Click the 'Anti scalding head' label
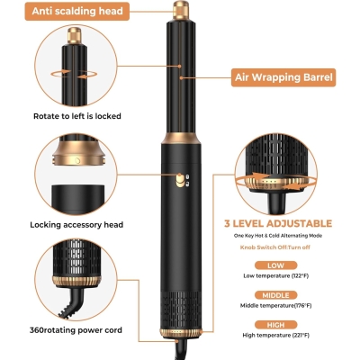77,12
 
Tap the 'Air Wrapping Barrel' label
283,77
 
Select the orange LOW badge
275,265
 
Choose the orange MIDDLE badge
275,295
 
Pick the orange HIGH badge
275,325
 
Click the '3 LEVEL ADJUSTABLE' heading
278,223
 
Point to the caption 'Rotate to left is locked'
77,116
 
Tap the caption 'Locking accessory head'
76,225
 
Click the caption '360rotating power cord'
76,330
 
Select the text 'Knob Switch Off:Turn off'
275,247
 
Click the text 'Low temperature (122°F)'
275,275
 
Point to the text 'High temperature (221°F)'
275,335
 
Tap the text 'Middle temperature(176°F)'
275,306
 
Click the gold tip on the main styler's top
181,10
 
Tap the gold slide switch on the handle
180,180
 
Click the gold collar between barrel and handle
181,139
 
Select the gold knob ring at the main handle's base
181,333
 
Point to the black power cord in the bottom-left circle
70,302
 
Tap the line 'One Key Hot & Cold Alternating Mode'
278,236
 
